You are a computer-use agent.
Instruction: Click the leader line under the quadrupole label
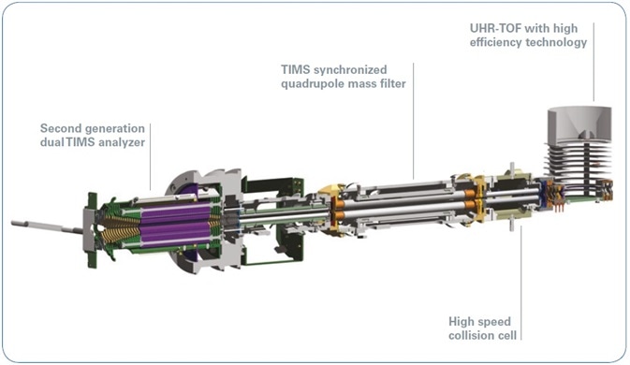[x=413, y=131]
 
